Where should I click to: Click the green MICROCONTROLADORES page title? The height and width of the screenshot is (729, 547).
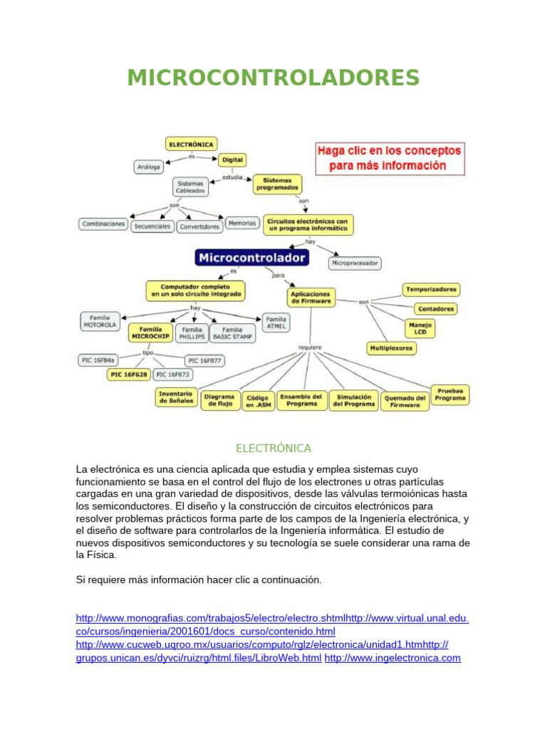[x=273, y=77]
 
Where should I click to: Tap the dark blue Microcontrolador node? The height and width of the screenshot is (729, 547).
[x=252, y=257]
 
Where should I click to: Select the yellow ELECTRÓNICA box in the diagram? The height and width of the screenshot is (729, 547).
[x=191, y=144]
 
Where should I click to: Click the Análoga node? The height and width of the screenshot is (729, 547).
[x=149, y=167]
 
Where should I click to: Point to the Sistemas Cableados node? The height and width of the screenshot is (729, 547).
[x=191, y=187]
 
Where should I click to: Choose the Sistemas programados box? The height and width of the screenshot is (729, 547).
[x=277, y=184]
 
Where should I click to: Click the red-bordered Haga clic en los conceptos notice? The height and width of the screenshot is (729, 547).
[x=389, y=159]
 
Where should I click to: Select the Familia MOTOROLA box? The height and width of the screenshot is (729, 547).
[x=100, y=320]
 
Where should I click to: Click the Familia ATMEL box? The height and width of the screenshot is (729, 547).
[x=276, y=322]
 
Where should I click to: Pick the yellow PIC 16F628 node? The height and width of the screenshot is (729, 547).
[x=128, y=374]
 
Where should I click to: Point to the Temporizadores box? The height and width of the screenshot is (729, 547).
[x=431, y=290]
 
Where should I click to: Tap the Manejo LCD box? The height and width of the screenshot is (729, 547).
[x=419, y=328]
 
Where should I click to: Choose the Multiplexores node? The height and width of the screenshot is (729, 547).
[x=391, y=348]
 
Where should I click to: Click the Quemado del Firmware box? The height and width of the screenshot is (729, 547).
[x=405, y=401]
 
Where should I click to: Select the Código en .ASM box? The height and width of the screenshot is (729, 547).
[x=258, y=401]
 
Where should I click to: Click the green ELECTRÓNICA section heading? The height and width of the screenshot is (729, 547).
[x=273, y=449]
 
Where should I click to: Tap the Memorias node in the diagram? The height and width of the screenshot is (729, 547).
[x=241, y=223]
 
